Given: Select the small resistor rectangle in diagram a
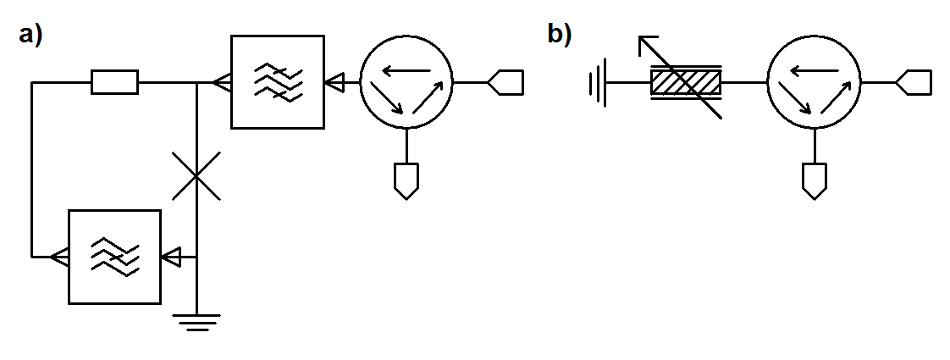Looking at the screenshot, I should (x=114, y=82).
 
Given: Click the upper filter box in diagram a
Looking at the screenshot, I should (x=278, y=82).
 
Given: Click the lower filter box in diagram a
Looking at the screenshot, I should (x=114, y=256).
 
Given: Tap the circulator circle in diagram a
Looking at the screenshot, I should (x=406, y=82).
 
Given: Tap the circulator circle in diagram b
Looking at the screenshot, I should (x=814, y=82).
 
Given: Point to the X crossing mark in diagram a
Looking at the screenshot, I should (x=196, y=176).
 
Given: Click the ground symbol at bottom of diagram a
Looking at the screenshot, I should (x=196, y=322).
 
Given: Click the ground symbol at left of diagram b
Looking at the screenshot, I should (x=598, y=83).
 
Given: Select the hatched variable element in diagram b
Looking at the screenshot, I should (x=685, y=83).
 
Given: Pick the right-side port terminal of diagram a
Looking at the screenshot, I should (x=505, y=82).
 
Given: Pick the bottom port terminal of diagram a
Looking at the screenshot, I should (x=406, y=180).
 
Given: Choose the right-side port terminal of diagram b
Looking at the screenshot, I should (x=914, y=82).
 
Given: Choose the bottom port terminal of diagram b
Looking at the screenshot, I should (x=814, y=180).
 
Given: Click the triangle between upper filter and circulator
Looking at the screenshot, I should (x=335, y=82).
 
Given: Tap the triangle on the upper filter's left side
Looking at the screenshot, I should (x=222, y=82).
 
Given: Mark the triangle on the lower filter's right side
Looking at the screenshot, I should (x=172, y=256).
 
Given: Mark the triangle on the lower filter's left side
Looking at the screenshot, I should (x=59, y=256).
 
